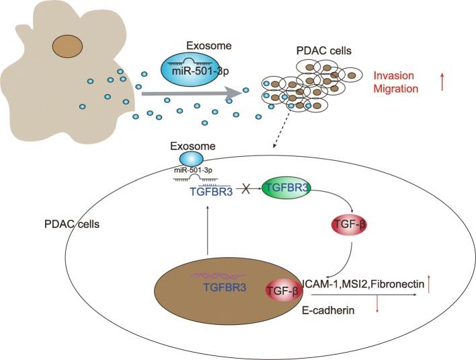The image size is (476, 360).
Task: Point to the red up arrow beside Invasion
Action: [x=442, y=83]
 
